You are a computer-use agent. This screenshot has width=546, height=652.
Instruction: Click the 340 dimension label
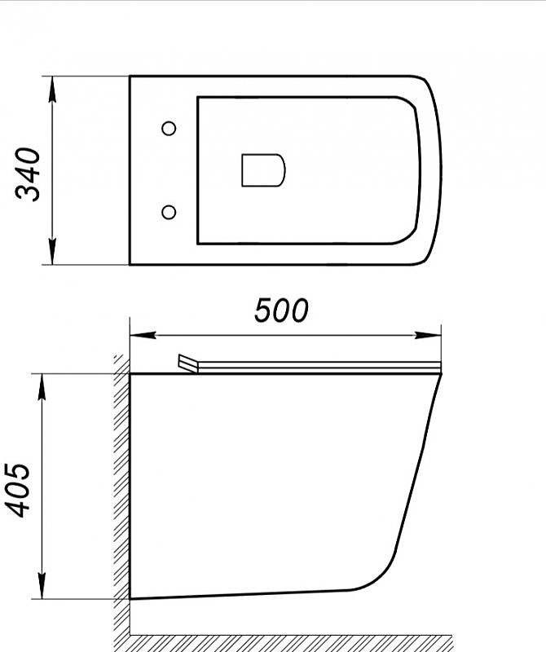click(x=29, y=173)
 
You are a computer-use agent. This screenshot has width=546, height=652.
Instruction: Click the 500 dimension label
click(x=282, y=310)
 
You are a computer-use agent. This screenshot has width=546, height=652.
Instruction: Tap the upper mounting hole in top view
click(x=170, y=128)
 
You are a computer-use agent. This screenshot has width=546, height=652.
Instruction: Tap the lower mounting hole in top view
click(x=170, y=213)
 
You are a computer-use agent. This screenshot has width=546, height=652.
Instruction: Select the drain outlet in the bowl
click(x=263, y=170)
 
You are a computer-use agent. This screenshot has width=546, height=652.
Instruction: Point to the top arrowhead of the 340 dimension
click(x=52, y=85)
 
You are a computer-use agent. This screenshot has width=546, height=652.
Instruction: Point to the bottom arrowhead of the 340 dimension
click(x=52, y=257)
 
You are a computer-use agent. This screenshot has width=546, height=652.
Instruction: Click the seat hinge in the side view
click(x=187, y=363)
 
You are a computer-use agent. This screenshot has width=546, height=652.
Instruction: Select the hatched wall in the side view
click(x=121, y=489)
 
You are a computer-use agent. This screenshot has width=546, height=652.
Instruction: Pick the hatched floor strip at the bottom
click(x=326, y=639)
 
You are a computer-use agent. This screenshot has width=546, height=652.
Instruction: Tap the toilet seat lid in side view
click(x=318, y=367)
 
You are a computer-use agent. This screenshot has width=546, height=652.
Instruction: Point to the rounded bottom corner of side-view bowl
click(x=375, y=580)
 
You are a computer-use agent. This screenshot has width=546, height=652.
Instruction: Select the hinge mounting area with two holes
click(x=163, y=170)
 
